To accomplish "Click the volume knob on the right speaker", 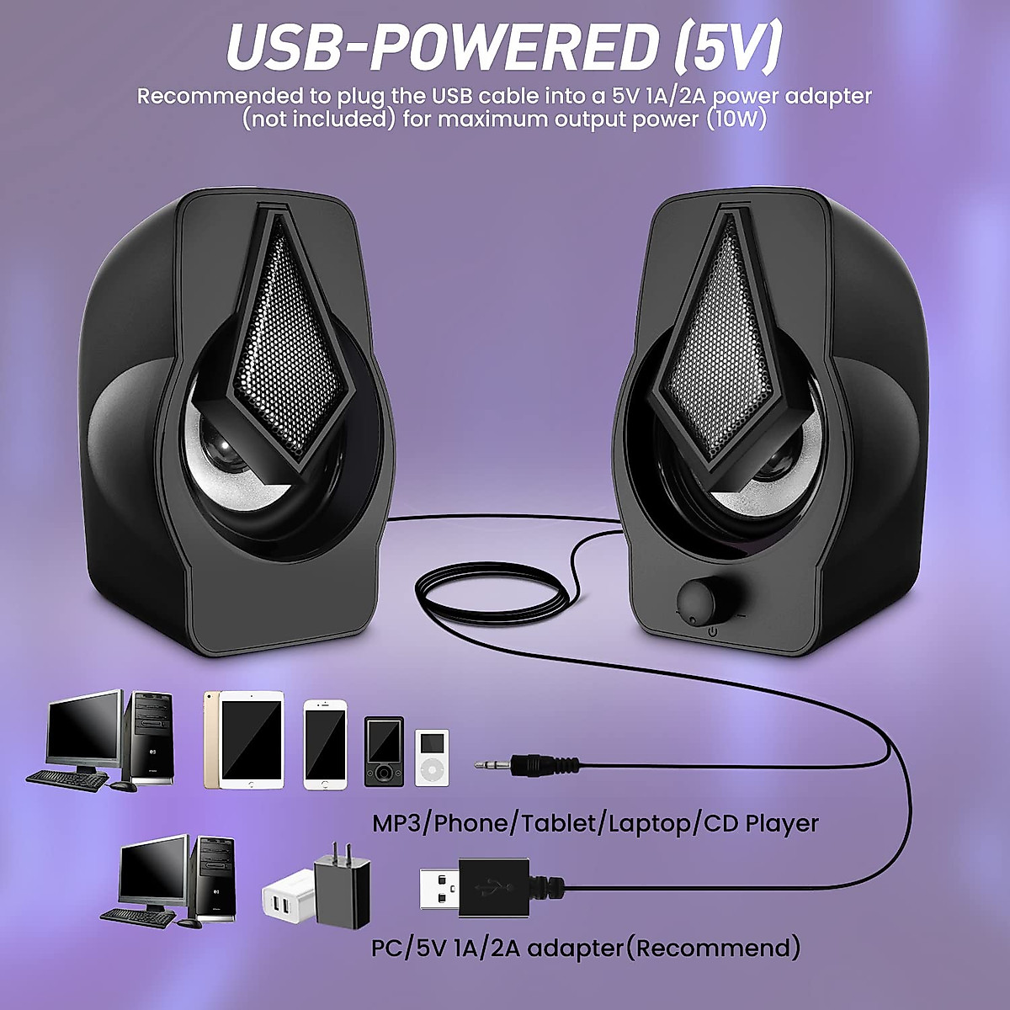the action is click(698, 598).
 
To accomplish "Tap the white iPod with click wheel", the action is click(432, 757).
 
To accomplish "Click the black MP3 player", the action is click(384, 752).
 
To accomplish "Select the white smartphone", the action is click(325, 744).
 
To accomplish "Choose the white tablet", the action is click(252, 741).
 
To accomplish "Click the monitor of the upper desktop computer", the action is click(85, 729).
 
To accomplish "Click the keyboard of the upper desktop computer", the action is click(67, 779).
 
